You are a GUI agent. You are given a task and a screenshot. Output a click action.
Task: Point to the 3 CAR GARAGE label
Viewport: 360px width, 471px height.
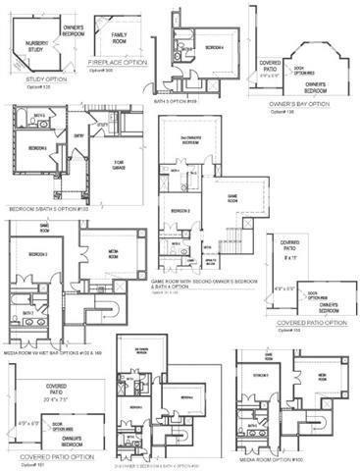point(121,163)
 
